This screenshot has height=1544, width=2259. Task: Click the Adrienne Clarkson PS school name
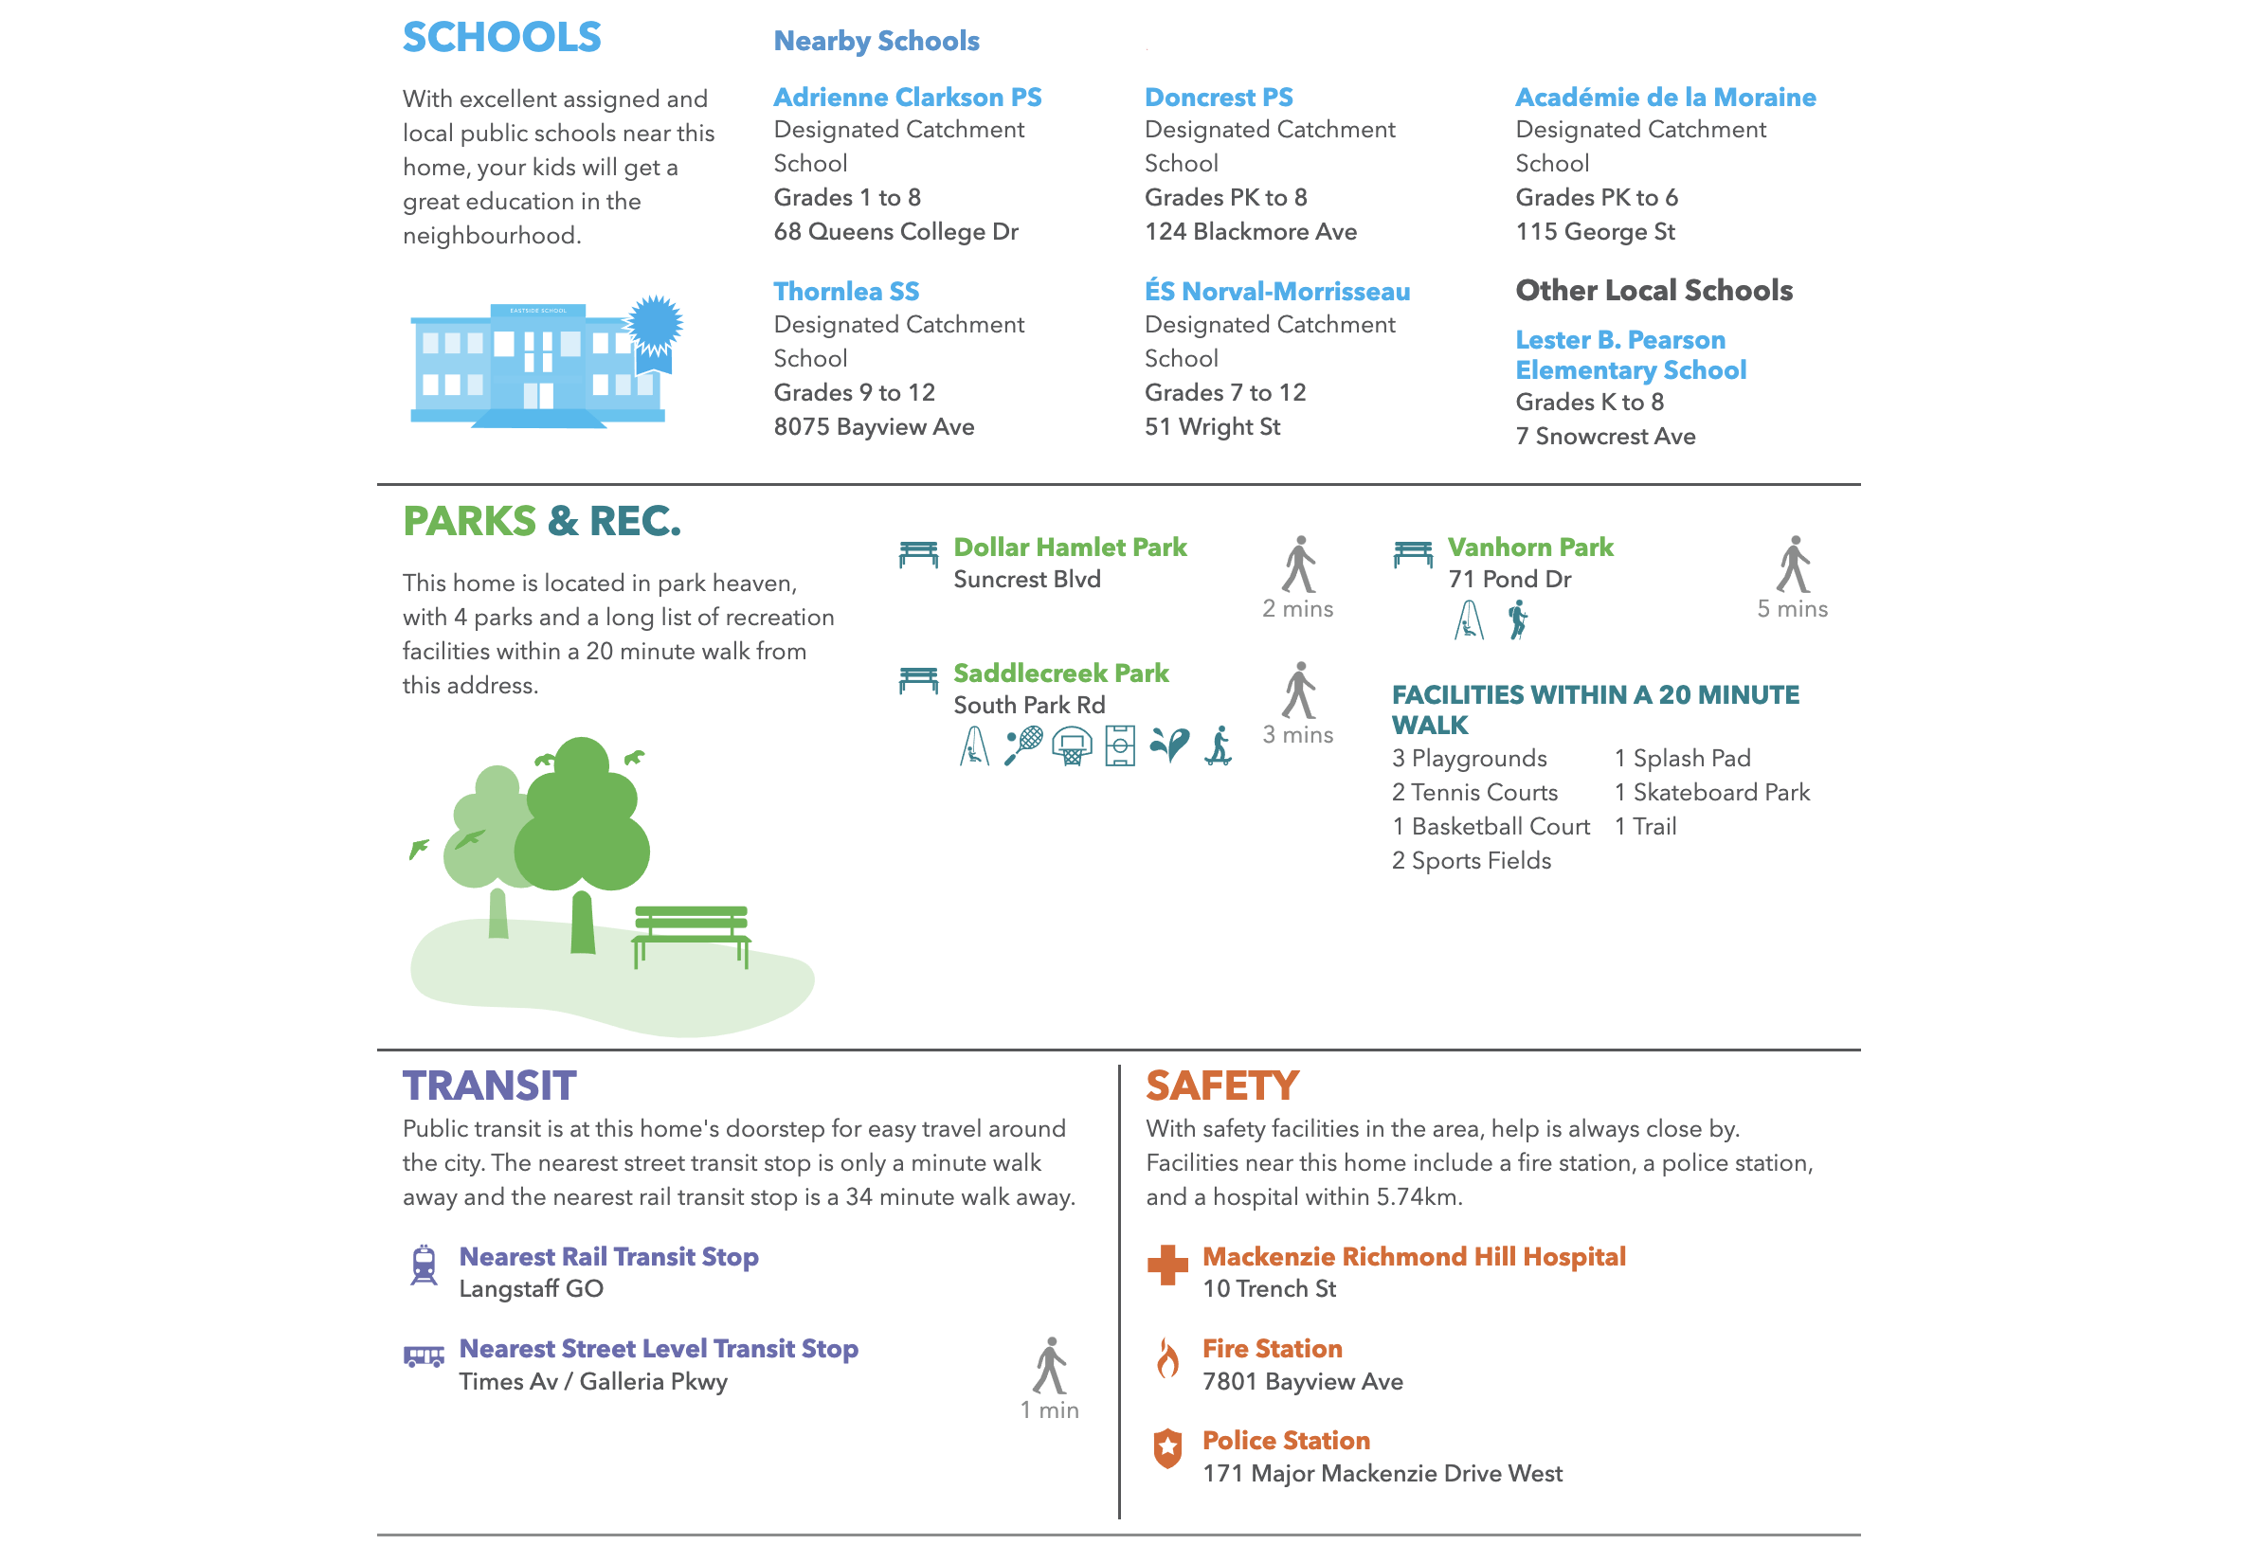907,98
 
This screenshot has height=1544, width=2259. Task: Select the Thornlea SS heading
845,292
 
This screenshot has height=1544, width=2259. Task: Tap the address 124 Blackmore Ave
1250,231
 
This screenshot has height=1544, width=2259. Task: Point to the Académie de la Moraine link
1665,98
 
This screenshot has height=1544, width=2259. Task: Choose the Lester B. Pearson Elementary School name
1630,354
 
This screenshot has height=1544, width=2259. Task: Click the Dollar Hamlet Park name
1069,548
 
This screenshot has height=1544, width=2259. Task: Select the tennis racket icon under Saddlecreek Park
1022,745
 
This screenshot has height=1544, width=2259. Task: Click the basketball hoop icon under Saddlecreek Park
1071,745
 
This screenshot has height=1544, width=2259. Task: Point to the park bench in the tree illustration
690,933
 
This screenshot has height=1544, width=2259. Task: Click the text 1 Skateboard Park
1711,792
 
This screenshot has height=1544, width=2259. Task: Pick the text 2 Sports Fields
1471,860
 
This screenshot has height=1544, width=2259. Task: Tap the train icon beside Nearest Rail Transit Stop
424,1266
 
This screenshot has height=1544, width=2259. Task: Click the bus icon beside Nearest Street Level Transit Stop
424,1355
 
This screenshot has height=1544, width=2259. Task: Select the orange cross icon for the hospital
1167,1266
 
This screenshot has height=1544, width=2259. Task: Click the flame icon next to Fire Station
1167,1357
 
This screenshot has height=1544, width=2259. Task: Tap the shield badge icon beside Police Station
1167,1447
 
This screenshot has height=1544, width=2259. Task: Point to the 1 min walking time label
1049,1409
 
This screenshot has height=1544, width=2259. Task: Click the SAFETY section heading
1221,1086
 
